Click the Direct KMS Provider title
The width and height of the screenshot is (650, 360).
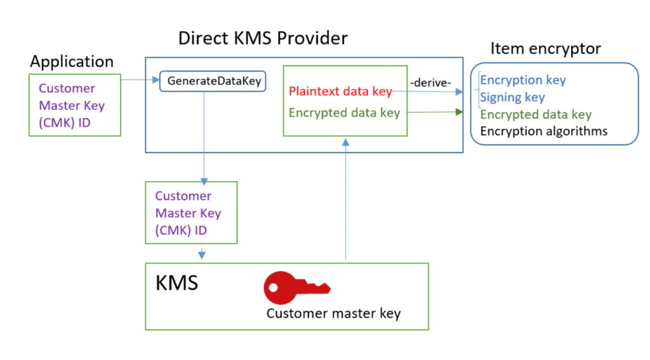pyautogui.click(x=263, y=38)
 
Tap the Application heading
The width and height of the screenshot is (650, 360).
pyautogui.click(x=72, y=62)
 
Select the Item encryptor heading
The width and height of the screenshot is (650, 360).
pyautogui.click(x=545, y=48)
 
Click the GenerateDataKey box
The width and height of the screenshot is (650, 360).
pyautogui.click(x=214, y=81)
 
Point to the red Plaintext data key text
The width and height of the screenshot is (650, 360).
pyautogui.click(x=340, y=91)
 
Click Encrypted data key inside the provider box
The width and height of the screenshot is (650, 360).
pyautogui.click(x=344, y=113)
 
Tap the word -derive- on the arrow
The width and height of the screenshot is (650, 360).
pyautogui.click(x=431, y=83)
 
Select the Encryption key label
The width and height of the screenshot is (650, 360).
pyautogui.click(x=522, y=80)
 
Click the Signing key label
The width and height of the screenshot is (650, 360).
pyautogui.click(x=512, y=97)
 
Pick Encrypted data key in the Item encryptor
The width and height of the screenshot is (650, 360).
pyautogui.click(x=536, y=114)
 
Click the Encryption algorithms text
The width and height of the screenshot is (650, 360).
pyautogui.click(x=543, y=131)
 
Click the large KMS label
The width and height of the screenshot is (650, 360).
pyautogui.click(x=176, y=283)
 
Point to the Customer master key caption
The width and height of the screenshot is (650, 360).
pyautogui.click(x=333, y=313)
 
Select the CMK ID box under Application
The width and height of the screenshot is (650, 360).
pyautogui.click(x=74, y=105)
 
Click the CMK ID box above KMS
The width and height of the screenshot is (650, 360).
pyautogui.click(x=191, y=213)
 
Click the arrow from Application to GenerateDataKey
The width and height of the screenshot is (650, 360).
pyautogui.click(x=140, y=80)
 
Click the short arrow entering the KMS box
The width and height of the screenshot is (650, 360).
pyautogui.click(x=202, y=253)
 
